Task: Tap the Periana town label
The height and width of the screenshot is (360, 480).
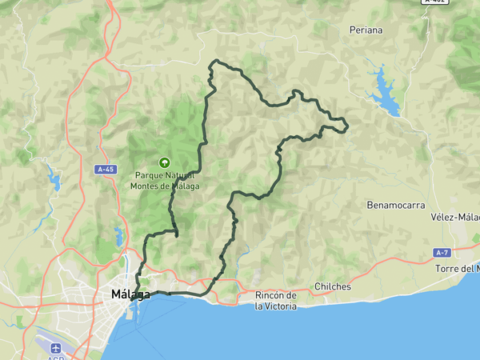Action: (366, 30)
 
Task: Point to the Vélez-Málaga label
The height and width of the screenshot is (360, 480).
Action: (455, 217)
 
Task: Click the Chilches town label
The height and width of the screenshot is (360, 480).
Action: (333, 286)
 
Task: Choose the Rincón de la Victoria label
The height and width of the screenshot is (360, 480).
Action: (276, 301)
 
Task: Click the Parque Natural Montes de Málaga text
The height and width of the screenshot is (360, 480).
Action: (166, 180)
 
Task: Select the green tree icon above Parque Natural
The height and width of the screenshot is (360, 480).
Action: (166, 162)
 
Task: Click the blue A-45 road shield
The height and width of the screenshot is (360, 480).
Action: (106, 170)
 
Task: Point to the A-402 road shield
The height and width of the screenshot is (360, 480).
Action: (435, 2)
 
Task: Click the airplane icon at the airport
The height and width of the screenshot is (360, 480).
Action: (55, 349)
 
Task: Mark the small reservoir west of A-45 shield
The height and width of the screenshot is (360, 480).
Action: (53, 178)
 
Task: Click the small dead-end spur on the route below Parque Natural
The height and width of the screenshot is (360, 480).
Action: (176, 235)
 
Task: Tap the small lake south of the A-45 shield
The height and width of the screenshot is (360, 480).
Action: (118, 236)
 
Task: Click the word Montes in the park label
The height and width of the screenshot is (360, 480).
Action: (147, 186)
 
